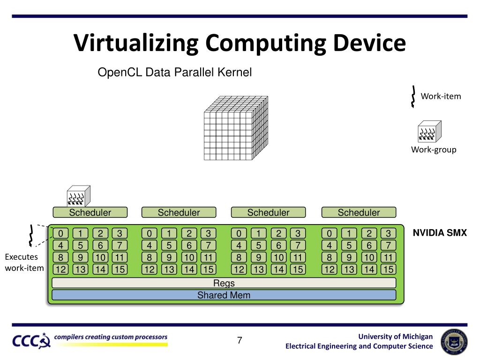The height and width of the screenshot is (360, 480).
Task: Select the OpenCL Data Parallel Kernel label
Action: coord(174,72)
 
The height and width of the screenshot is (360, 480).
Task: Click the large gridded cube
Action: coord(236,128)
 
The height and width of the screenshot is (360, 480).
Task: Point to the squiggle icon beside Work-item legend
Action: coord(413,97)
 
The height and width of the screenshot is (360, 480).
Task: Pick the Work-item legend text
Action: coord(441,96)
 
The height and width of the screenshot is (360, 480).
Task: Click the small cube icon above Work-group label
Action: coord(429,131)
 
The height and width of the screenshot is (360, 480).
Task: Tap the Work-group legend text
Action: coord(434,150)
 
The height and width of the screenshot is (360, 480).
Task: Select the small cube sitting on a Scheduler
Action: coord(78,196)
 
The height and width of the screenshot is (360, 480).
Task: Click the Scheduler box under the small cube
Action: coord(90,212)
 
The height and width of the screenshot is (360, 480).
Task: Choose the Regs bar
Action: coord(224,283)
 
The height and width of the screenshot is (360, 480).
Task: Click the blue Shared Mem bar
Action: coord(224,295)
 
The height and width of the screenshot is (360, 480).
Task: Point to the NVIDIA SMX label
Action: coord(440,232)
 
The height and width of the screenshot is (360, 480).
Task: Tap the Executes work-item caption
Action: coord(24,262)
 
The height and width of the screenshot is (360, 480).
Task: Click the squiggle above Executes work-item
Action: coord(30,236)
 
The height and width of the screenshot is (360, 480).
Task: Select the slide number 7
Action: coord(240,340)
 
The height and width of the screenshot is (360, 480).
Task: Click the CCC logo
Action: coord(31,341)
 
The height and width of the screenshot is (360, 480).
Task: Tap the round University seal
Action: coord(454,342)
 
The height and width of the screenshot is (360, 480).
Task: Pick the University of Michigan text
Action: coord(396,337)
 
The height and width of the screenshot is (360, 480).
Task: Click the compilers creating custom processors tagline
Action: coord(111,337)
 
